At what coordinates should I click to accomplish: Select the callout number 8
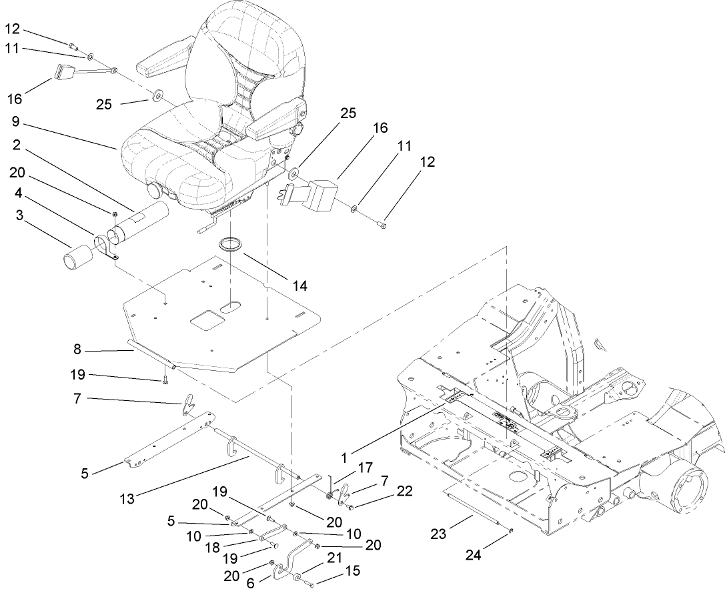click(77, 348)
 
